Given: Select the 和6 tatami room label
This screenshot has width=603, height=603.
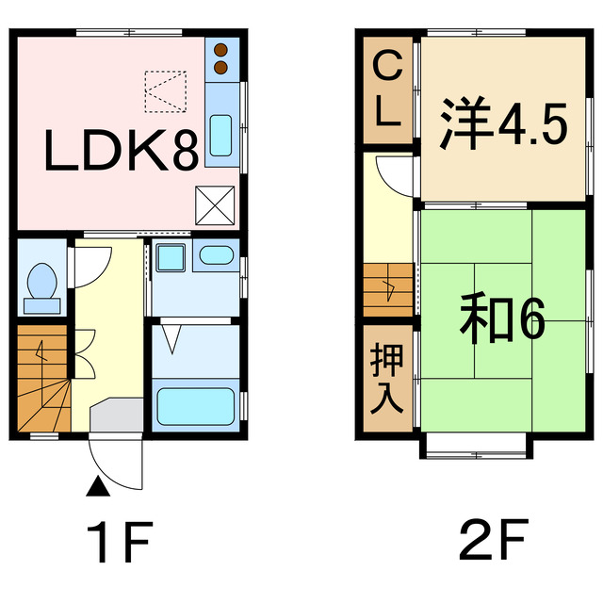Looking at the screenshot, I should pos(503,320).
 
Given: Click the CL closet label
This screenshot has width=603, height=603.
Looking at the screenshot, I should pos(387,90).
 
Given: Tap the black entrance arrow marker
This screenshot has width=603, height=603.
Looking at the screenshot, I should pos(97,487).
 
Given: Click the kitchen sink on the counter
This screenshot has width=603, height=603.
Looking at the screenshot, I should pos(220,135).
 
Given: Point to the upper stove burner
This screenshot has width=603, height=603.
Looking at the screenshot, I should pos(222,51).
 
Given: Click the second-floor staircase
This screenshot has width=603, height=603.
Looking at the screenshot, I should pos(388,290).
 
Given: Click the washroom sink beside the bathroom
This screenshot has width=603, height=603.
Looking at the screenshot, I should pos(216,254).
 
